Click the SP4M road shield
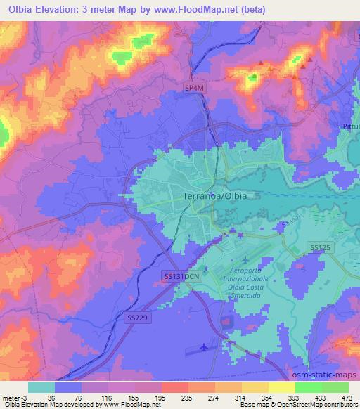(194, 88)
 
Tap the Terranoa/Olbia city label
(214, 196)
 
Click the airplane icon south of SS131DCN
(205, 346)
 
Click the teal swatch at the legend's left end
(41, 387)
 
